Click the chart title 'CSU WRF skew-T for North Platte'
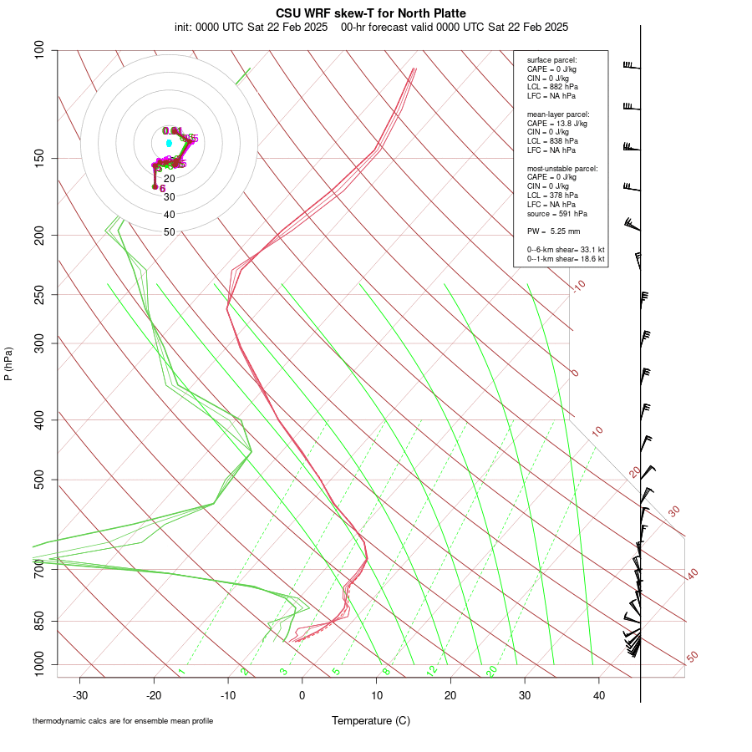371,13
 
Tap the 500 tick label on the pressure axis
38,480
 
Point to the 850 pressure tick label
38,621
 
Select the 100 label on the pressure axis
38,50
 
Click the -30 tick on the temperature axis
80,695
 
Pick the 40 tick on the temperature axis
598,695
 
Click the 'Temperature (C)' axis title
371,720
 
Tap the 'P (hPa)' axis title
8,363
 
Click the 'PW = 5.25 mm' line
553,231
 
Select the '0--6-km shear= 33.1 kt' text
566,250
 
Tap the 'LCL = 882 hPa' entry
552,87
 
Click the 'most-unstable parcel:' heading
562,168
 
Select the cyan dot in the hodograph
169,143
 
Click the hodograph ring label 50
170,232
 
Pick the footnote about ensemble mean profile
123,720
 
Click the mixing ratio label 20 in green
492,671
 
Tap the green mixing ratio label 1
181,672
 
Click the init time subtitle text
371,27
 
